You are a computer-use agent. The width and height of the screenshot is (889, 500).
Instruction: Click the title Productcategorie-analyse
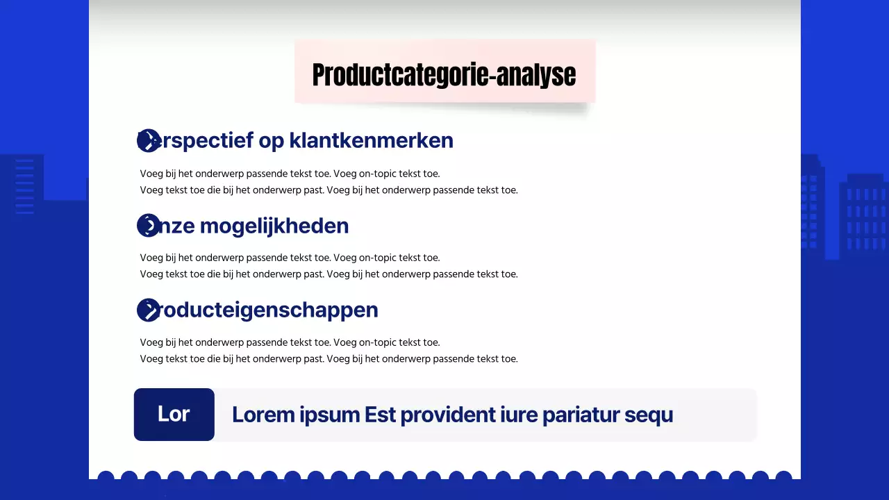tap(444, 75)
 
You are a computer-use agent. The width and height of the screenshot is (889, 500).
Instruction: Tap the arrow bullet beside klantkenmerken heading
tap(148, 140)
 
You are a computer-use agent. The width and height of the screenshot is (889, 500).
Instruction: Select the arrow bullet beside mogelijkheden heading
tap(148, 226)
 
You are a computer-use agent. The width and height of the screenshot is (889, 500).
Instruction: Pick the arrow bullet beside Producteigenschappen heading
tap(148, 310)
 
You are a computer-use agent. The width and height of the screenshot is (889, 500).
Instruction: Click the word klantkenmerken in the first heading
tap(371, 140)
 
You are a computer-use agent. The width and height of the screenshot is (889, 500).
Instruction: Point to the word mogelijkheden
tap(274, 226)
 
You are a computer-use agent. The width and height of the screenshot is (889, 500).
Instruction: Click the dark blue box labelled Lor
tap(174, 415)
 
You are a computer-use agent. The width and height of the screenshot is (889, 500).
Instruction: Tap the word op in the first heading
tap(272, 140)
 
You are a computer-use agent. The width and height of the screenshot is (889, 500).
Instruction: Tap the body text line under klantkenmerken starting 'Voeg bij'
tap(290, 174)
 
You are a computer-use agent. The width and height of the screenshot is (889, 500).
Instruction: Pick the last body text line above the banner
tap(329, 359)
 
